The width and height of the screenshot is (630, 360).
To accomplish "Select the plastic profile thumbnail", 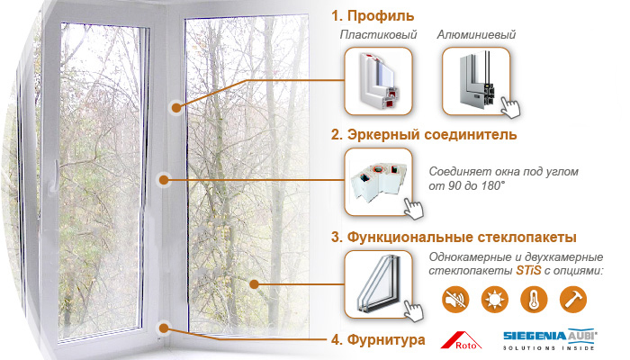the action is coord(378,81).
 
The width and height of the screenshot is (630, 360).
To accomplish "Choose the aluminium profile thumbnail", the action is coord(476,81).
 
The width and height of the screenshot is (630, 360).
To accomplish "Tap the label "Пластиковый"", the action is coord(378,34).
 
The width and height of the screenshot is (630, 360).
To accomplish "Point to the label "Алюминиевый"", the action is coord(476,34).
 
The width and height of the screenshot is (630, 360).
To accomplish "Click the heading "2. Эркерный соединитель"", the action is coord(424,134).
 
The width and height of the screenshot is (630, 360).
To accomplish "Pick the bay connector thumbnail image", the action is coord(378,182).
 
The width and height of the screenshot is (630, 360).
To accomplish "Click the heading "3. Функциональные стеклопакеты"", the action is coord(454,237).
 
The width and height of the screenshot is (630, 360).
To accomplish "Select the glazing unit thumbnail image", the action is coord(378,284).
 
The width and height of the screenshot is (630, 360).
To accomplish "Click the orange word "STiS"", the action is coord(528,270).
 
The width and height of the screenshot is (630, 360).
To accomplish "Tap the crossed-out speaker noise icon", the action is coord(455,300).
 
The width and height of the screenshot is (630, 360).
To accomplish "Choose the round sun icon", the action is coord(495,300).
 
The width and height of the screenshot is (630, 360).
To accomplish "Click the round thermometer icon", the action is coord(534,300).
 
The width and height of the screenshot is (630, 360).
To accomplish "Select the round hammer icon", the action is coord(573,300).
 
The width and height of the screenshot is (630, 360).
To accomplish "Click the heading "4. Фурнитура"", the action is coord(378,340).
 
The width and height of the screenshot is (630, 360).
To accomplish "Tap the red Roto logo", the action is coord(461,340).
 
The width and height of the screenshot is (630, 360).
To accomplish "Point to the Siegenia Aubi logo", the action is coord(550,339).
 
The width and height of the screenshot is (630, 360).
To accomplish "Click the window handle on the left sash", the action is coord(55,175).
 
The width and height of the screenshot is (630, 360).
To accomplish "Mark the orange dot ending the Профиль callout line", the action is coord(176,108).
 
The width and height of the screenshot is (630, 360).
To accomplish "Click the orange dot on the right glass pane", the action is coord(254,284).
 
